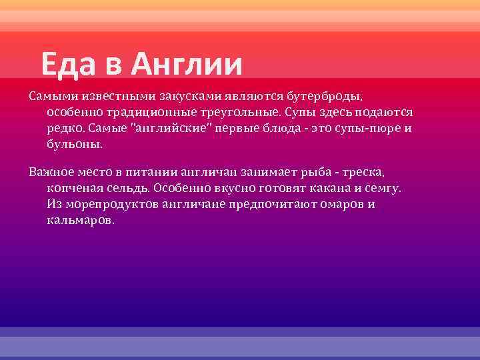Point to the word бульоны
[x=75, y=145]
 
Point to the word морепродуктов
[x=110, y=204]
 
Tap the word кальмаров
[x=81, y=220]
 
